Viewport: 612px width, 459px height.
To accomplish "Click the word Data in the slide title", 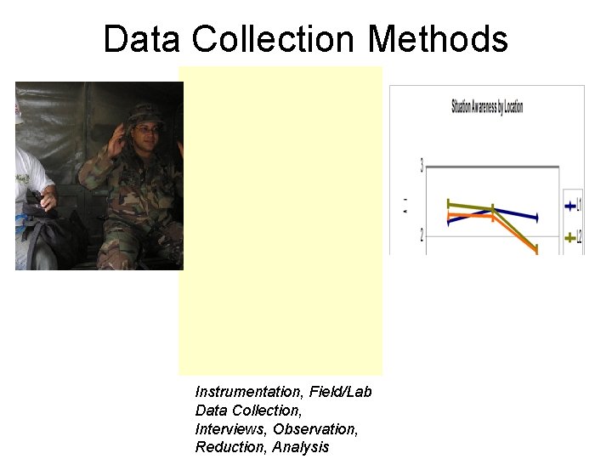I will coord(142,39).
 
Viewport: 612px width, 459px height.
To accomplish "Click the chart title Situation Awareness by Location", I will coord(486,107).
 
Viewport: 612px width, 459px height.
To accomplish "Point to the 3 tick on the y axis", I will coord(422,165).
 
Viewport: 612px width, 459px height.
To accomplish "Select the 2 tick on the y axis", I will coord(422,235).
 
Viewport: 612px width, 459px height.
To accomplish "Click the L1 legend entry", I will coord(573,206).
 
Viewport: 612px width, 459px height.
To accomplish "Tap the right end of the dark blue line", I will coord(536,218).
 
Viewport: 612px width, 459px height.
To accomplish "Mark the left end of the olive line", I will coord(449,204).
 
